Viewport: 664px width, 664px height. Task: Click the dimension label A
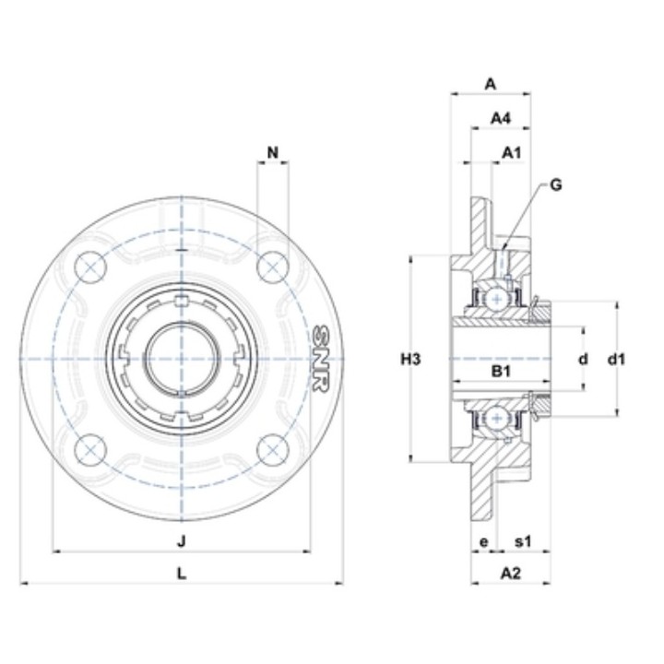[490, 84]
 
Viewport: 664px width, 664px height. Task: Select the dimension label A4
[501, 118]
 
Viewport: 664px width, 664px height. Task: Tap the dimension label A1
[512, 152]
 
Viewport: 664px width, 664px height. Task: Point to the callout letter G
[556, 184]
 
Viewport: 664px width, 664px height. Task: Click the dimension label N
[273, 152]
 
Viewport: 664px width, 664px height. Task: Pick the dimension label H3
[410, 360]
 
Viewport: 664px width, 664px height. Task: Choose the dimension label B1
[501, 372]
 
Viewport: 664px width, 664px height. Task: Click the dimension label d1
[616, 360]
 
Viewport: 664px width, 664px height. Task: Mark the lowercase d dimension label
[584, 360]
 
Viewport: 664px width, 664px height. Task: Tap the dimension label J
[182, 540]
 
